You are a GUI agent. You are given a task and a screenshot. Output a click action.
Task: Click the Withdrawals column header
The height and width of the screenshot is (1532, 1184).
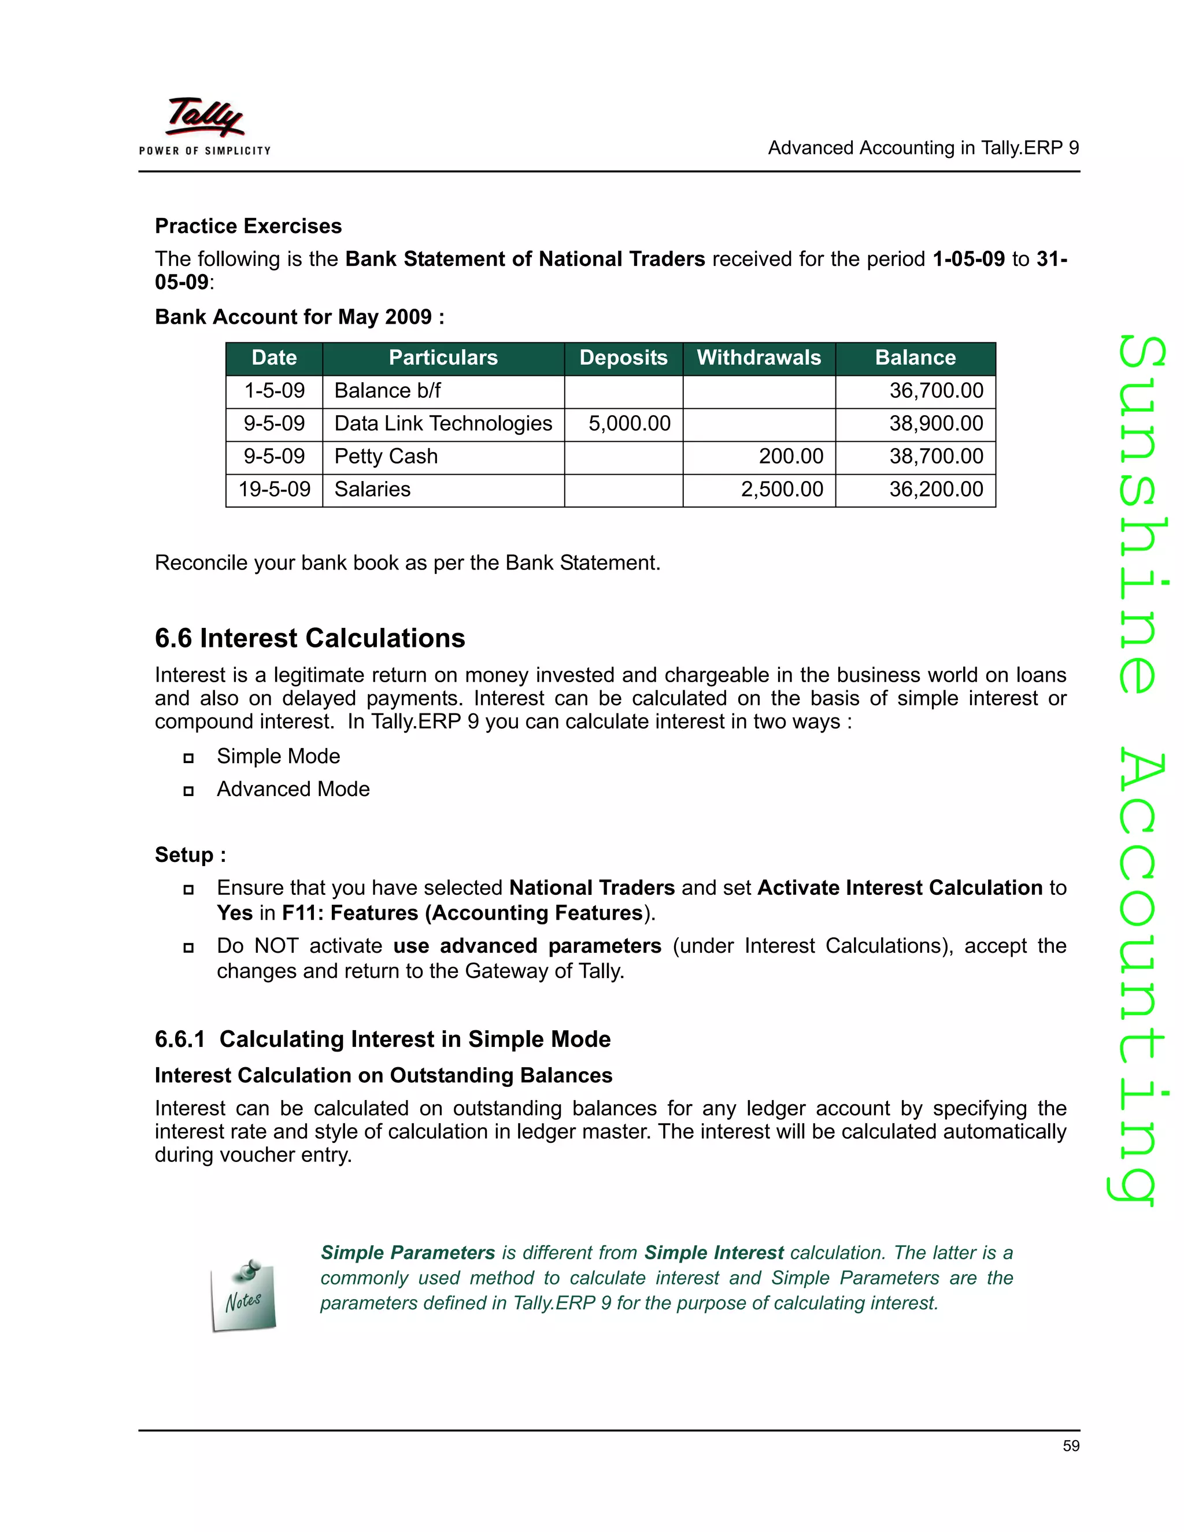tap(758, 358)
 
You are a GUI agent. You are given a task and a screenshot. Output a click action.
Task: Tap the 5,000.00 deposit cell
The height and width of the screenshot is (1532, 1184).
tap(628, 424)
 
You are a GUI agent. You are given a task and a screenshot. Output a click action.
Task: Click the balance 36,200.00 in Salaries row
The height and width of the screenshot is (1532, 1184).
tap(936, 489)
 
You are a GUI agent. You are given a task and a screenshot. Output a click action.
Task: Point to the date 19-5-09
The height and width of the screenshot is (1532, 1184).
tap(274, 489)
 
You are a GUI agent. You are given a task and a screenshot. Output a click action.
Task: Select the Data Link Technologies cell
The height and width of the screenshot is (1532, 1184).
tap(443, 424)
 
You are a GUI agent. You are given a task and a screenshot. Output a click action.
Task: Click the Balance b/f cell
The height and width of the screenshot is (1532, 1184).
tap(387, 391)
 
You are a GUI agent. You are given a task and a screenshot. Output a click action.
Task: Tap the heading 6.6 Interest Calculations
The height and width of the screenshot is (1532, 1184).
tap(309, 638)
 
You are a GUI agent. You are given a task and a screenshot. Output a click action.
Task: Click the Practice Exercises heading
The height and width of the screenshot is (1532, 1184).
tap(248, 226)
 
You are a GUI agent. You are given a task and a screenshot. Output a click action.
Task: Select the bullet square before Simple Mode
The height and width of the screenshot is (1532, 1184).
tap(188, 757)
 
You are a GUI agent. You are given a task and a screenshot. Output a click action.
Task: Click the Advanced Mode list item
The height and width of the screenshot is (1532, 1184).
tap(293, 789)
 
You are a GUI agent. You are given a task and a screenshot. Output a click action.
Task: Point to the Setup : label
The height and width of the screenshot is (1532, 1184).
tap(190, 855)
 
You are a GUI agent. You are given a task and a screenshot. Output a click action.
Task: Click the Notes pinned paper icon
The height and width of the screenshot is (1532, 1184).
tap(243, 1297)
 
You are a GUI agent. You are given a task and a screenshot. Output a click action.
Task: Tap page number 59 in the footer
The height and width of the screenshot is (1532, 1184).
tap(1070, 1446)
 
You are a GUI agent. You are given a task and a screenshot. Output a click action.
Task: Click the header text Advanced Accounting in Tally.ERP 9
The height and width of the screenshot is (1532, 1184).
tap(923, 148)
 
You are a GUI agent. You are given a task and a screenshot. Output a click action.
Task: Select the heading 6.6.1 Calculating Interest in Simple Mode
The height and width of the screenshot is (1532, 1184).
tap(382, 1039)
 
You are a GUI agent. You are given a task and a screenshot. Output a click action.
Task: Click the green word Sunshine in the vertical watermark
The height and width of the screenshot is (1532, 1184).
tap(1142, 516)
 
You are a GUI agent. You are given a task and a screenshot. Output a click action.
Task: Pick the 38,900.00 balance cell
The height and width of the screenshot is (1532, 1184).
tap(936, 424)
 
